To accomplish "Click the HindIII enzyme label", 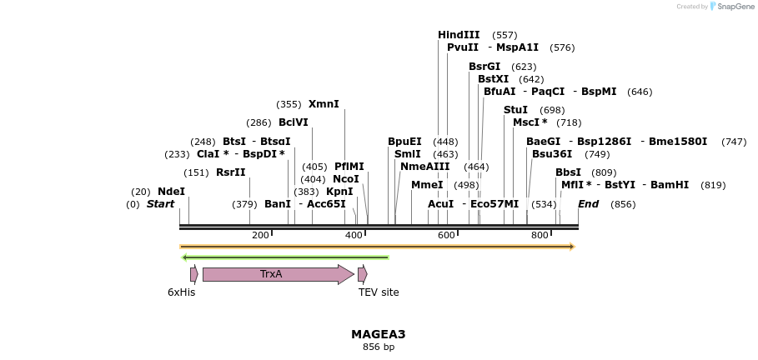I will click(x=459, y=35).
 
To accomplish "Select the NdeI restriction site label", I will click(x=171, y=192).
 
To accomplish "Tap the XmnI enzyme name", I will click(x=324, y=104).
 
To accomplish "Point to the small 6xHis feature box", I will click(x=193, y=274).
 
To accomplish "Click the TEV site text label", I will click(x=379, y=292).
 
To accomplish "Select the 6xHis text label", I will click(x=181, y=292).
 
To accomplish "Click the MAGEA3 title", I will click(x=378, y=334).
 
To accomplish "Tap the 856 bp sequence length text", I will click(x=378, y=347).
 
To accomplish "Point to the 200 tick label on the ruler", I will click(x=260, y=235).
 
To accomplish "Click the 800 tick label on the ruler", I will click(x=540, y=235).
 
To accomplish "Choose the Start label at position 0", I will click(x=160, y=204).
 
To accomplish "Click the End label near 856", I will click(x=588, y=204).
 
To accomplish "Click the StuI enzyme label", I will click(x=515, y=110).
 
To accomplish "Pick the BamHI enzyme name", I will click(x=670, y=185).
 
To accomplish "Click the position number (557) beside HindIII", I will click(x=504, y=35).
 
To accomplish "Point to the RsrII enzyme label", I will click(x=231, y=172).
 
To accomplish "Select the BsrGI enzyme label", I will click(x=484, y=67).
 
